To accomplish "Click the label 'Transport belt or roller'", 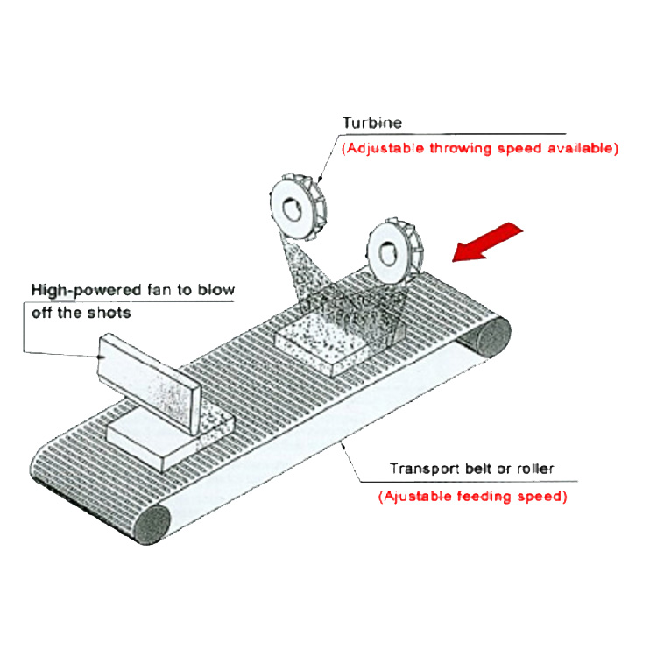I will pyautogui.click(x=471, y=469).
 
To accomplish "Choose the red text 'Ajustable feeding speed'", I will pyautogui.click(x=473, y=496).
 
